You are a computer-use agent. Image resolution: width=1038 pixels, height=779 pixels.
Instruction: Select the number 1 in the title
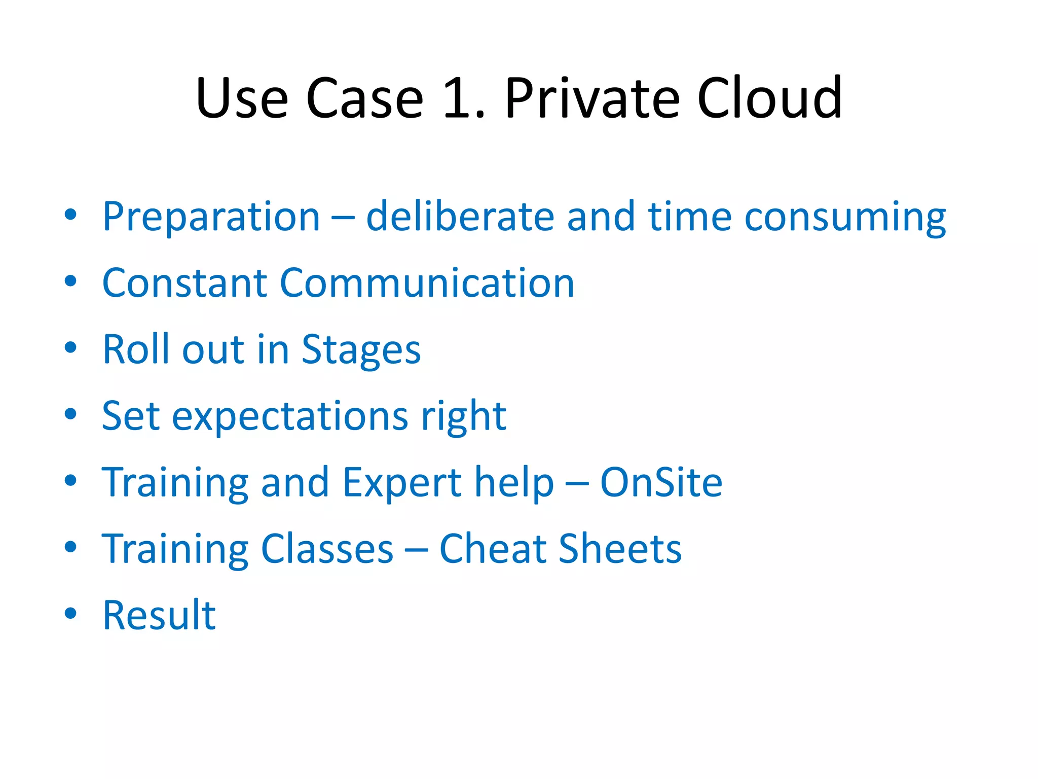pyautogui.click(x=459, y=99)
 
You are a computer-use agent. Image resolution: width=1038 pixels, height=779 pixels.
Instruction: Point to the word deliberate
pyautogui.click(x=460, y=217)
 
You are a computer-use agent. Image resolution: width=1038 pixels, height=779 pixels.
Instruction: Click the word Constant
pyautogui.click(x=184, y=283)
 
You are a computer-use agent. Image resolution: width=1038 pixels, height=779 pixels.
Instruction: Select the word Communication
pyautogui.click(x=427, y=283)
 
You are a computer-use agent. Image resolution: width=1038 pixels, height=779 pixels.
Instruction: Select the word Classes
pyautogui.click(x=327, y=549)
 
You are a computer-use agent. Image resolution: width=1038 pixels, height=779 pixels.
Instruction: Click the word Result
pyautogui.click(x=159, y=615)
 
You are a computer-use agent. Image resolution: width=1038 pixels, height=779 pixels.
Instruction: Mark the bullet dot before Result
pyautogui.click(x=70, y=613)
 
